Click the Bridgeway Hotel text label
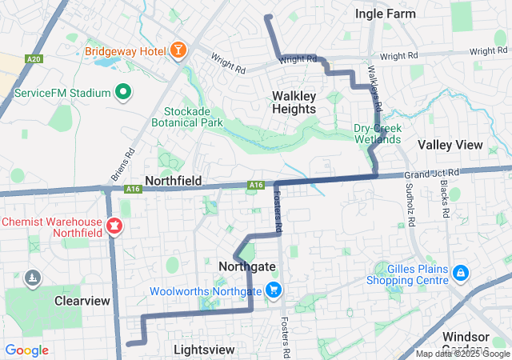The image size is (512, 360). click(x=125, y=52)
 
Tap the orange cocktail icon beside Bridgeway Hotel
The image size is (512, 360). click(x=178, y=52)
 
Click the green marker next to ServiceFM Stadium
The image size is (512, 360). click(x=123, y=93)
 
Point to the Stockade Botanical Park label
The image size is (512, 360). click(x=193, y=117)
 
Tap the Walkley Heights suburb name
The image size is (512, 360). click(x=294, y=102)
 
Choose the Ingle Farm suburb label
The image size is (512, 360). click(x=386, y=14)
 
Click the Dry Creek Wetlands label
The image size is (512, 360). click(x=378, y=133)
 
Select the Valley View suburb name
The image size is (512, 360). click(x=450, y=145)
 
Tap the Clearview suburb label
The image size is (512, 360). click(x=82, y=301)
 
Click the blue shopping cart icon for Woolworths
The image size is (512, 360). click(x=274, y=291)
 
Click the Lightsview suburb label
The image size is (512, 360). click(x=204, y=350)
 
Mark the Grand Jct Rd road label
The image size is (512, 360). click(x=432, y=173)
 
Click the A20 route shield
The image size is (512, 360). click(x=33, y=59)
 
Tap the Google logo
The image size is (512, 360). click(x=26, y=350)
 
